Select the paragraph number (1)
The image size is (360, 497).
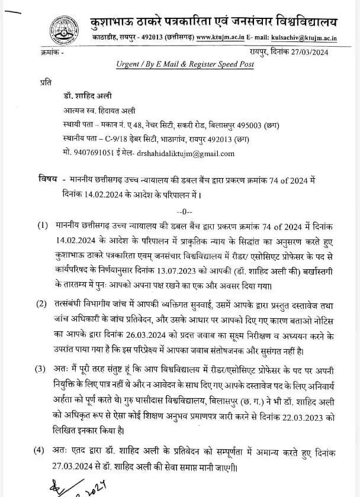coord(42,225)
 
